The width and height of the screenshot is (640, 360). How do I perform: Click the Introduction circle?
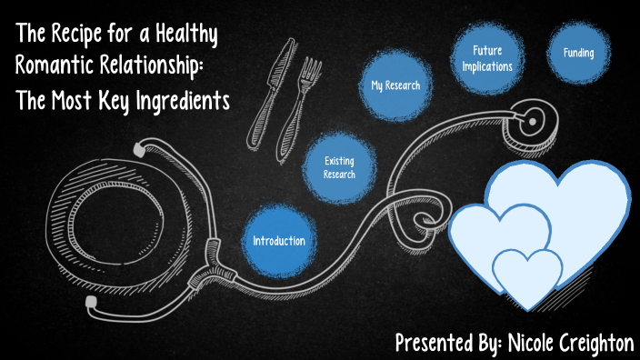[279, 240]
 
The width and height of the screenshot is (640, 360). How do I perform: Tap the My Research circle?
[395, 85]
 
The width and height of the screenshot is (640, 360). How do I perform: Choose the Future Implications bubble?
[487, 58]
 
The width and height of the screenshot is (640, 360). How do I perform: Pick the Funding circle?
[578, 53]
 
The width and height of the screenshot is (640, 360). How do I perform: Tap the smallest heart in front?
[527, 273]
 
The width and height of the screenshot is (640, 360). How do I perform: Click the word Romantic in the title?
[53, 67]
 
